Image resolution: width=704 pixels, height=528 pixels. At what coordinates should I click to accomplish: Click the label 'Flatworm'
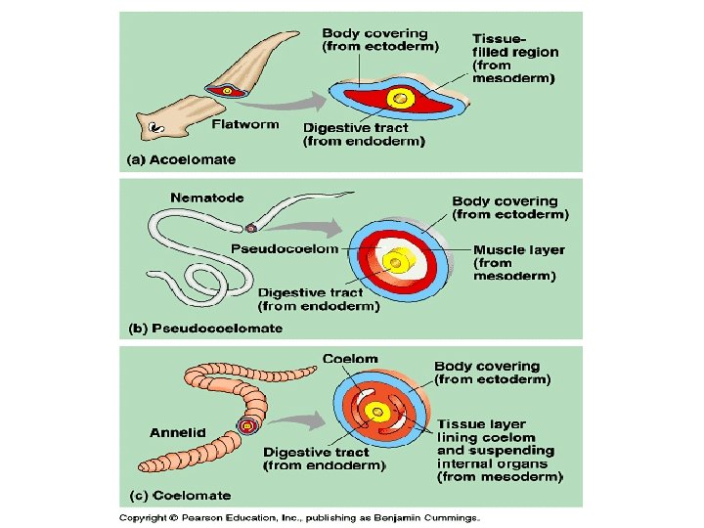point(245,124)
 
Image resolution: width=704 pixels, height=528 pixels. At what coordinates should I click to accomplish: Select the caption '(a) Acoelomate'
point(179,159)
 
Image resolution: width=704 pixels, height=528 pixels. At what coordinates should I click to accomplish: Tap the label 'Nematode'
point(206,198)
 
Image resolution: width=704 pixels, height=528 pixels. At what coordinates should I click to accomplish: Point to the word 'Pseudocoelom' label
point(285,248)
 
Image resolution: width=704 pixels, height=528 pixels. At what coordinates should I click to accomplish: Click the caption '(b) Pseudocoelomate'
point(206,328)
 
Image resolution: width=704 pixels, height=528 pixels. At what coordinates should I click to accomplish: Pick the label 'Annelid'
point(176,432)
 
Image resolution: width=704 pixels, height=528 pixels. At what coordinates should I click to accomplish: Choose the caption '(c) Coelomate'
point(175,496)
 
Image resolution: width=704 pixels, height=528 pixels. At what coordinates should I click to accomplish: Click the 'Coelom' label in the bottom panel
point(350,359)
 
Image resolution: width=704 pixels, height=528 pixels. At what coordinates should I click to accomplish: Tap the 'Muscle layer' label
point(519,249)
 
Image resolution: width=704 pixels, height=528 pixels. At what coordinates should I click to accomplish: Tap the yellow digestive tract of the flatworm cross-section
point(399,99)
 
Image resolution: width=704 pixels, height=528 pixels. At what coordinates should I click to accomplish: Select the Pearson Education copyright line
point(299,517)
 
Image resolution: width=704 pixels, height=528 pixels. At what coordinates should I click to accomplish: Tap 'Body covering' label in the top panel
point(374,32)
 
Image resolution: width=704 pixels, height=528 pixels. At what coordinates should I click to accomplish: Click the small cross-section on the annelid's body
point(247,426)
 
